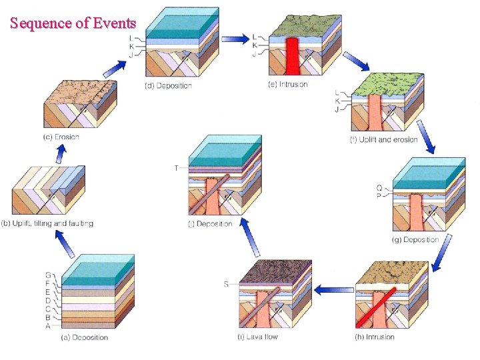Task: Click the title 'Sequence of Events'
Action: tap(73, 23)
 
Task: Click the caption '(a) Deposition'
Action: tap(85, 337)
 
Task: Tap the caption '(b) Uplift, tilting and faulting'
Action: tap(53, 223)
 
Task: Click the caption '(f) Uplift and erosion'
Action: tap(383, 140)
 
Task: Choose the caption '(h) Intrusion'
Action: tap(375, 337)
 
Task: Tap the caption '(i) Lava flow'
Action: tap(257, 337)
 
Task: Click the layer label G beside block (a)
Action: tap(47, 275)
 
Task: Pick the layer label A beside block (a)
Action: tap(47, 326)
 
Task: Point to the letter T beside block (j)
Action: tap(176, 168)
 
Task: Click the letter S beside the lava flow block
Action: tap(226, 285)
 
